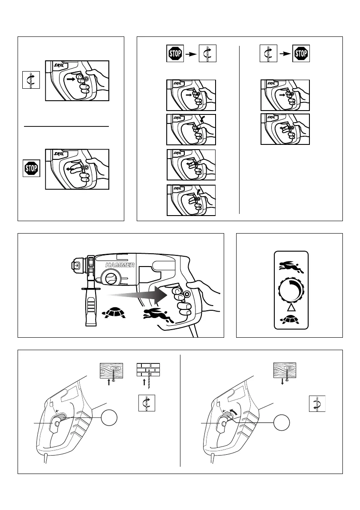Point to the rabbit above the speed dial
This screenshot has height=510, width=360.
coord(291,266)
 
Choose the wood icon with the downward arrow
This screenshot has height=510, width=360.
coord(286,369)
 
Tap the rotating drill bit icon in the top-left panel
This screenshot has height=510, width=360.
coord(31,80)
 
